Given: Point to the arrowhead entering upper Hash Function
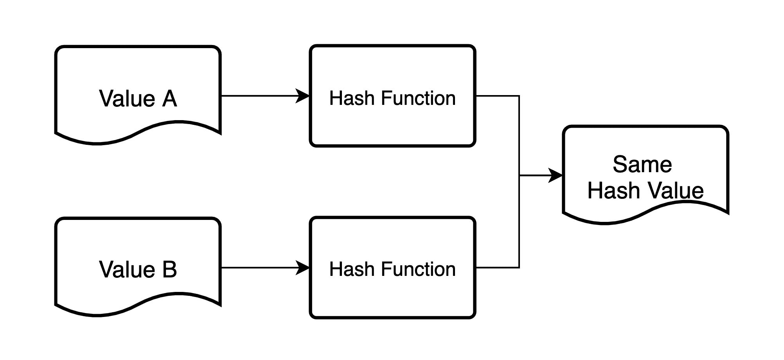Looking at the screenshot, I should point(303,96).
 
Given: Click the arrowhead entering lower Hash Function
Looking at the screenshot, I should point(303,268).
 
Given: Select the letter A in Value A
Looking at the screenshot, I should point(169,99).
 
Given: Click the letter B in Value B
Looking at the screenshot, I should point(169,270).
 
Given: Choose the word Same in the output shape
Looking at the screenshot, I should point(642,164).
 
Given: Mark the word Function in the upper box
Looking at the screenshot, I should point(418,98).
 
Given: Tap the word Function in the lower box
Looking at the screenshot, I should point(418,269).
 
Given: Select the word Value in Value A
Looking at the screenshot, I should point(127,99).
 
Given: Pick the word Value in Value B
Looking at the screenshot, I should point(127,270).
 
